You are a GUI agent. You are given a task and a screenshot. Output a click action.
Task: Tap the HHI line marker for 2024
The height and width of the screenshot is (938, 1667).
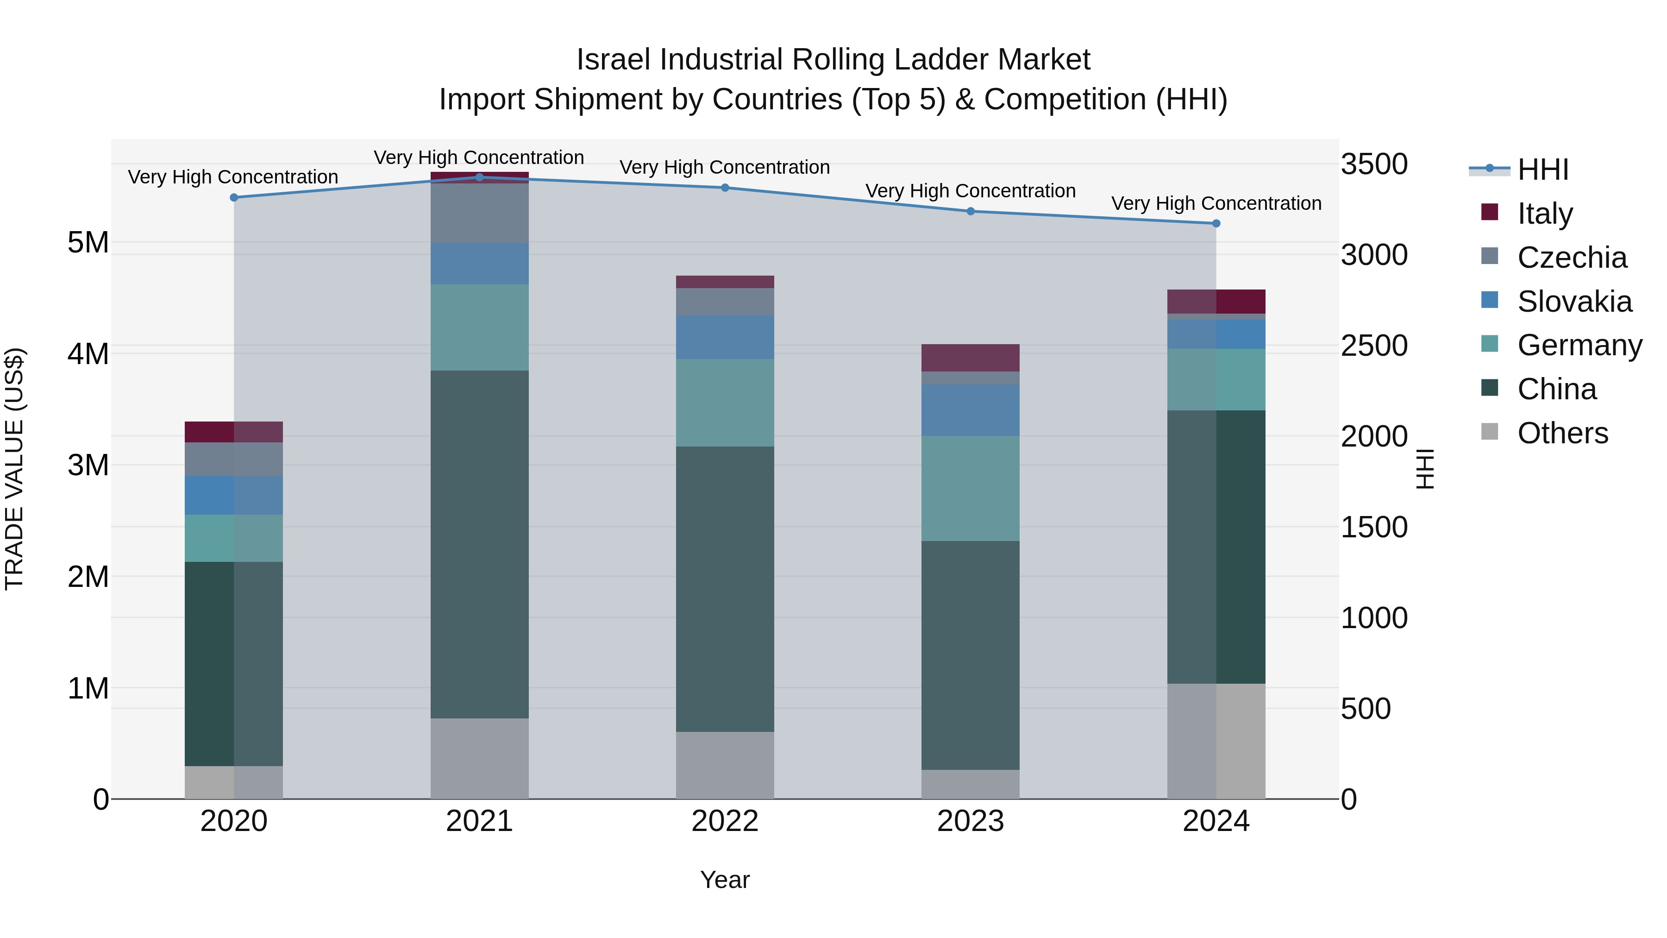pos(1216,223)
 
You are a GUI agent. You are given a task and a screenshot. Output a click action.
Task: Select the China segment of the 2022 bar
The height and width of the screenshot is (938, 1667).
pos(725,589)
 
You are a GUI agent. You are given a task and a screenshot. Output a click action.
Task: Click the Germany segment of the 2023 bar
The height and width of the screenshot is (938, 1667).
pos(970,488)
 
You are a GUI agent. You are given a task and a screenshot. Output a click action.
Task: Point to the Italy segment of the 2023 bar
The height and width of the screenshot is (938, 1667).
pos(970,358)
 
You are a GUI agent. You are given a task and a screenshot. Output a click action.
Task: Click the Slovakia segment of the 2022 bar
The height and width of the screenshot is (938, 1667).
pos(725,337)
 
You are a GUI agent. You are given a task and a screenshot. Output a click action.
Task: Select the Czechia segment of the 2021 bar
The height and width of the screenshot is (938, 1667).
pos(480,214)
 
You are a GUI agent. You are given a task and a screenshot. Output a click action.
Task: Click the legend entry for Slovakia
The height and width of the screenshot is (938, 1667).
pos(1574,302)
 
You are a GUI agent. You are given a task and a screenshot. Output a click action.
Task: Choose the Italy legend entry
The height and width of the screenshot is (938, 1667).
pos(1545,214)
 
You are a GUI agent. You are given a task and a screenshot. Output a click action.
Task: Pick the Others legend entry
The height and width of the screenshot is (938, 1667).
pos(1562,433)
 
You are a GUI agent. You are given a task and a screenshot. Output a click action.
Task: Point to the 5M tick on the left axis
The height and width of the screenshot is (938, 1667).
pos(88,243)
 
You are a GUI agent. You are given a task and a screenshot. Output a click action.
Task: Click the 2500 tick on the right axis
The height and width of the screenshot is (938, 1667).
pos(1373,346)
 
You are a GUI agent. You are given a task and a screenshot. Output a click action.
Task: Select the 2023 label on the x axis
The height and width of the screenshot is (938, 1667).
pos(970,821)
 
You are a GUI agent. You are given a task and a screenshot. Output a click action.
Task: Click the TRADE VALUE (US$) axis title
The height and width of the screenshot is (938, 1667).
pos(14,469)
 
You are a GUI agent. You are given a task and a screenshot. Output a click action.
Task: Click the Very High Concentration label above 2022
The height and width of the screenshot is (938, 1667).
pos(725,167)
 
